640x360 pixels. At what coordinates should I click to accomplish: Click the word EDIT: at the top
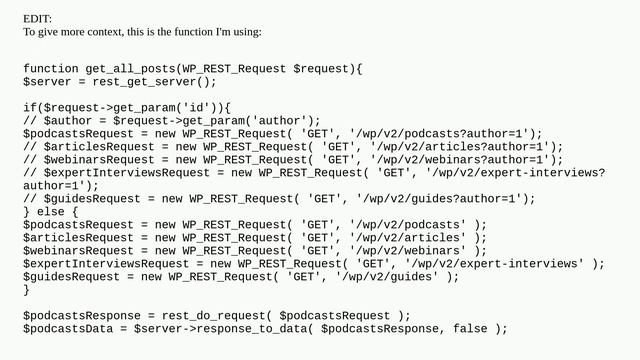point(38,19)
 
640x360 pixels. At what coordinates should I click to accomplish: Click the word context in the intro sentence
point(107,32)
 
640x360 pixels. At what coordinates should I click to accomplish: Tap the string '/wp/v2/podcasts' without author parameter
point(408,224)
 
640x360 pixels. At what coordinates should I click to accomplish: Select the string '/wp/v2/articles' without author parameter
point(408,237)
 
